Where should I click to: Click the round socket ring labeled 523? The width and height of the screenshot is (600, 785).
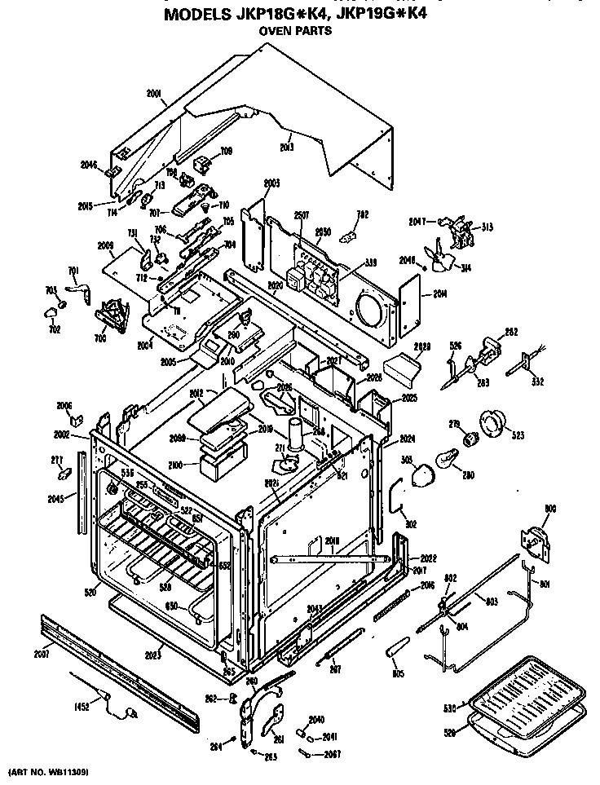pyautogui.click(x=495, y=425)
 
